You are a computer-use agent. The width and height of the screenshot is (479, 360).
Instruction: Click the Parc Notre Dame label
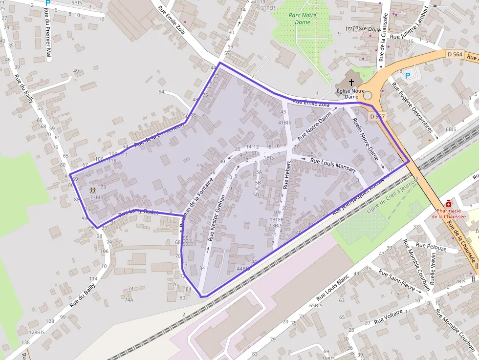coord(303,19)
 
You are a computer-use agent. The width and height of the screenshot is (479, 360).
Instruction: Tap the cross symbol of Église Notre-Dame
coord(351,83)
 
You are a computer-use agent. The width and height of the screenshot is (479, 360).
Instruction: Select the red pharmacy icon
coord(448,203)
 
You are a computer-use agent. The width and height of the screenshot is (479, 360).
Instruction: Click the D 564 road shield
coord(455,54)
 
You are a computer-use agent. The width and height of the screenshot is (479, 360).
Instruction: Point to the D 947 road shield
coord(377,116)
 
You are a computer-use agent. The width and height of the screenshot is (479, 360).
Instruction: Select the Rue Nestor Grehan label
coord(216,218)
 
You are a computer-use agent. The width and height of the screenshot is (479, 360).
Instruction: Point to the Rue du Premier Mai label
coord(48,34)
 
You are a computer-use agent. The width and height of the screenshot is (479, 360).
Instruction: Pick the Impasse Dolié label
coord(363,29)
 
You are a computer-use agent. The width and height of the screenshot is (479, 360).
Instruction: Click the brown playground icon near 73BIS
coord(92,191)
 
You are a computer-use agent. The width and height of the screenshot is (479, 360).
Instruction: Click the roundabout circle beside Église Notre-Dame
coord(367,96)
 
